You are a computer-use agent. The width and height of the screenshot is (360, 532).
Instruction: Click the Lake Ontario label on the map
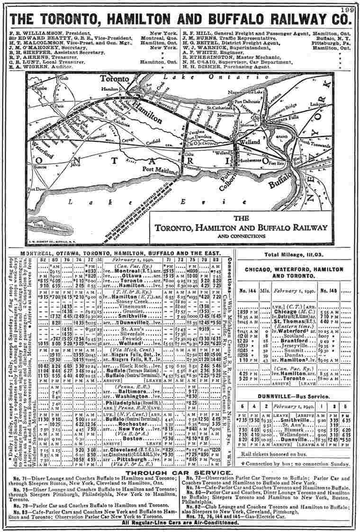tap(185, 77)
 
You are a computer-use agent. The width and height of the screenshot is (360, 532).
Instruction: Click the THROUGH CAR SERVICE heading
tap(180, 473)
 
